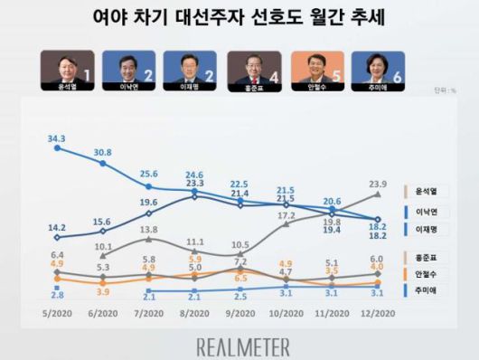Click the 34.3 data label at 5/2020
(56, 137)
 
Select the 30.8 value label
(103, 154)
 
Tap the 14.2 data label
(56, 228)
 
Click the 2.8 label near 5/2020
(56, 296)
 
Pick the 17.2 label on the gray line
(286, 216)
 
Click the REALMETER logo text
(243, 346)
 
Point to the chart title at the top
(240, 16)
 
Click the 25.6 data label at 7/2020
(149, 174)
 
